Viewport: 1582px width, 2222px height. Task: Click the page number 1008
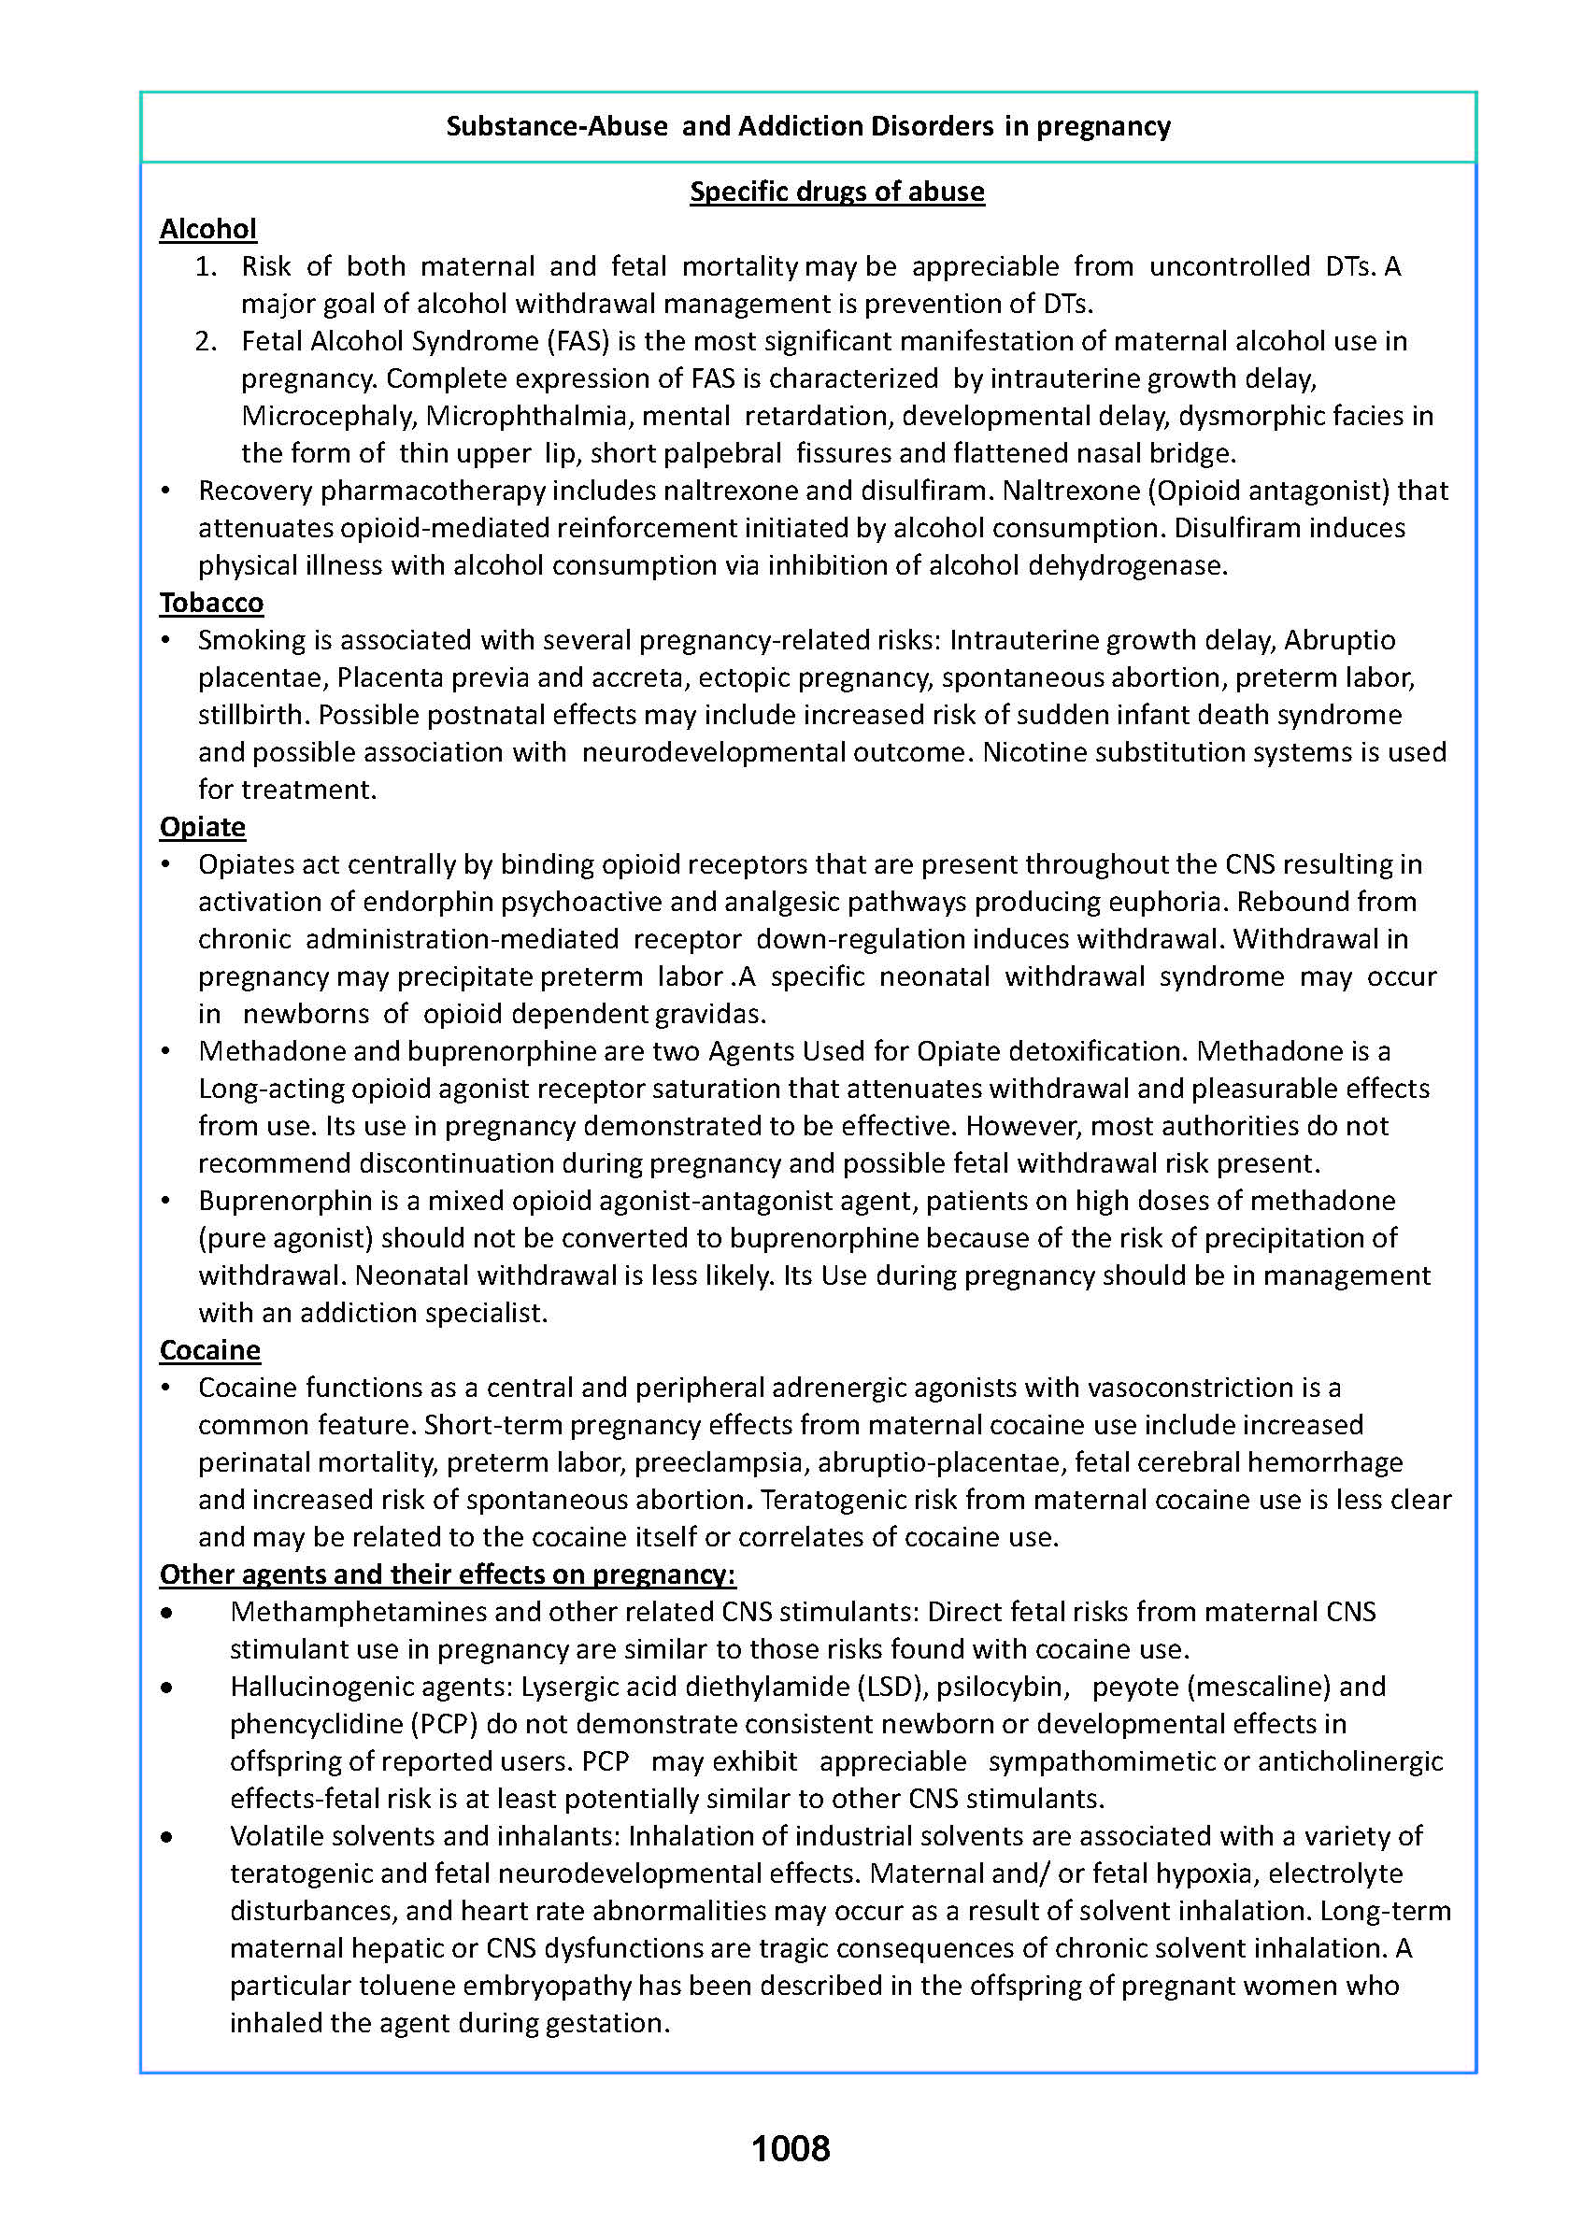(x=790, y=2148)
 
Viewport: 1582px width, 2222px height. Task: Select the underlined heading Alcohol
(x=208, y=229)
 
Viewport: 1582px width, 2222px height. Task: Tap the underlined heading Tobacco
(x=211, y=603)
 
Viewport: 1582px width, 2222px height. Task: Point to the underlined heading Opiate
(x=203, y=827)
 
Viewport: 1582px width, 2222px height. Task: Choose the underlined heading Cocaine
(x=210, y=1350)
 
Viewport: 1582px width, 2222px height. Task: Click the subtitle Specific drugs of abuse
(x=836, y=191)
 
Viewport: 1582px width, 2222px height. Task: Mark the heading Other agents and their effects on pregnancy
(x=448, y=1574)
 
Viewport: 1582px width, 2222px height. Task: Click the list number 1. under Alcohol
(x=206, y=266)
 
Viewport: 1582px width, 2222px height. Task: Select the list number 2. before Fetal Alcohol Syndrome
(x=206, y=341)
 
